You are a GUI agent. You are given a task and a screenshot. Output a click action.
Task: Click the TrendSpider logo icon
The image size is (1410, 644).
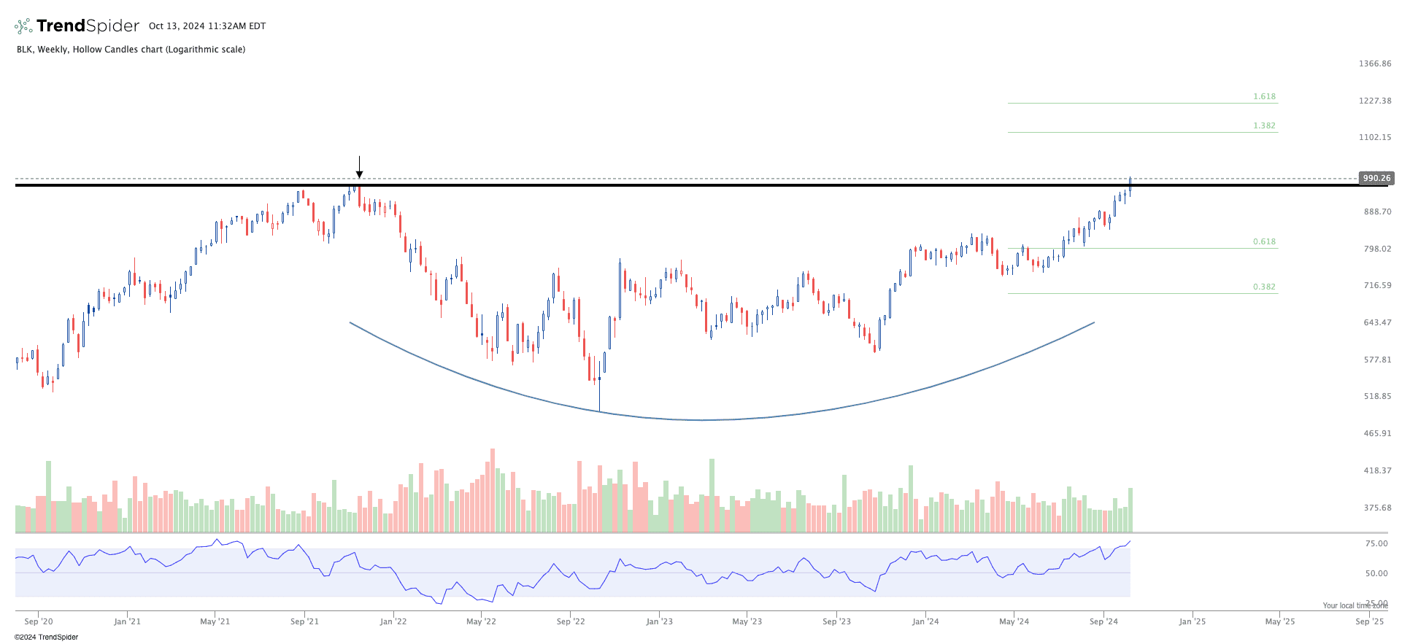point(23,26)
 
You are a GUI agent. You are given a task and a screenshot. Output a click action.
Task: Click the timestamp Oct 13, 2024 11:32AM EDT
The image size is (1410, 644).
point(207,26)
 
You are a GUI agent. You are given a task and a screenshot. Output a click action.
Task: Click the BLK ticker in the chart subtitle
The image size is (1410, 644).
point(24,50)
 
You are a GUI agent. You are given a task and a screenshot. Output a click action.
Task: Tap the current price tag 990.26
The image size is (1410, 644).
point(1376,178)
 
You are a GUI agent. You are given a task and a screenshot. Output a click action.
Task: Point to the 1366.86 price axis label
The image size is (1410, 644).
point(1375,63)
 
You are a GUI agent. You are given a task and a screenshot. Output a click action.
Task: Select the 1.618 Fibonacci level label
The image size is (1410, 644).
point(1264,96)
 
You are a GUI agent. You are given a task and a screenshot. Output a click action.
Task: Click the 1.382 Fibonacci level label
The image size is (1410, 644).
point(1264,125)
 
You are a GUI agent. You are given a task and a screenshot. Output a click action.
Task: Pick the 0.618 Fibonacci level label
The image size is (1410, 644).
point(1264,241)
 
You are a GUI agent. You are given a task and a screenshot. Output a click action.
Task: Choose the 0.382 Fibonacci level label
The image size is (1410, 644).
point(1264,287)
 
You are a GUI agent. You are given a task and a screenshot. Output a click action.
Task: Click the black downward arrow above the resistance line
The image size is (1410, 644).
point(359,167)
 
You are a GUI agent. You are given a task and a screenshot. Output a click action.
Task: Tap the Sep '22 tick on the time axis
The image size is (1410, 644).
point(571,621)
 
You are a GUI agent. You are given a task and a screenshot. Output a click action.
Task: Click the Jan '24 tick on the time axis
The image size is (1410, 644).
point(925,621)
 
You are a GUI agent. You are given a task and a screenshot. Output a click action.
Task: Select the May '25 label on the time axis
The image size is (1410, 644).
point(1279,621)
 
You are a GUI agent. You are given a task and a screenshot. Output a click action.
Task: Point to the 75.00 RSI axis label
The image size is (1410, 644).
point(1376,543)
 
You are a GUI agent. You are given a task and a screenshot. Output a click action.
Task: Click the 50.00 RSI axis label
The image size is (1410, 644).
point(1376,573)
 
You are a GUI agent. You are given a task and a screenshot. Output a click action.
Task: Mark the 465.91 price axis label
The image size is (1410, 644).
point(1375,433)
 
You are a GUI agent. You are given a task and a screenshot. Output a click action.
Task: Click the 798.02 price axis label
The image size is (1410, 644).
point(1375,249)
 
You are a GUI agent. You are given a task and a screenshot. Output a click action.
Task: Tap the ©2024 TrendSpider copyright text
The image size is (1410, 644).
point(46,637)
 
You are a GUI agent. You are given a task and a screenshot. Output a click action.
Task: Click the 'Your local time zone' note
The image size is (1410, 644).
point(1355,605)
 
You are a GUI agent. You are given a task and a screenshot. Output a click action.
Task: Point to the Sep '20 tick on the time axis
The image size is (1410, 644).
point(39,621)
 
